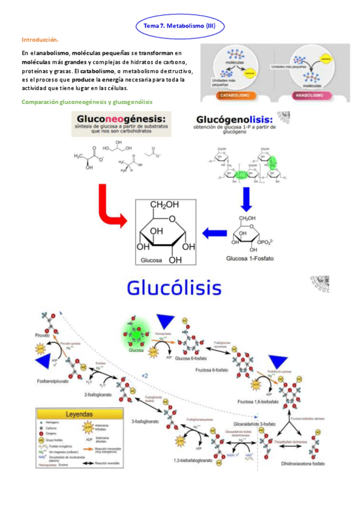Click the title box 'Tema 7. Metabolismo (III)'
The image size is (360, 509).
179,26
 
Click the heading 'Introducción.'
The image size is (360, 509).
40,39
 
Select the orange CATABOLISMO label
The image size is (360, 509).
230,95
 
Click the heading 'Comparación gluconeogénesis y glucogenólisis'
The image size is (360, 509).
87,102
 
